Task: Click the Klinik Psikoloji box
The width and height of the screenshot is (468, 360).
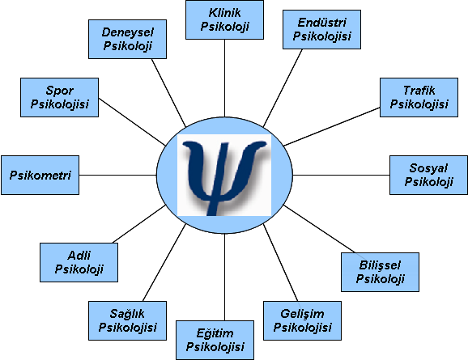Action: [x=224, y=19]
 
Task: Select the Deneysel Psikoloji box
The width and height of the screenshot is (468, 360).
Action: [x=127, y=40]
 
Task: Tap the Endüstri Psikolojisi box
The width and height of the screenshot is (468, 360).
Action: [x=321, y=29]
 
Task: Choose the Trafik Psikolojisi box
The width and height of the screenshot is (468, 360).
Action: [x=419, y=98]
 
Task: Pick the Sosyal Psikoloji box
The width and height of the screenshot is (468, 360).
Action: [x=428, y=175]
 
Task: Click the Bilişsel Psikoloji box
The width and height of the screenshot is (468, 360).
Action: [x=380, y=272]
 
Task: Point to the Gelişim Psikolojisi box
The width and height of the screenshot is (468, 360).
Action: [x=302, y=320]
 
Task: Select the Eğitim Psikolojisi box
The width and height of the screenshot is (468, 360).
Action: [x=215, y=340]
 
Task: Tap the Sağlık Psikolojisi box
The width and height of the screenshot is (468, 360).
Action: [x=127, y=320]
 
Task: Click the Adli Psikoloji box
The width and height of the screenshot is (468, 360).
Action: [x=79, y=262]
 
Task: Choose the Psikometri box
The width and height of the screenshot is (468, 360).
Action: [x=40, y=175]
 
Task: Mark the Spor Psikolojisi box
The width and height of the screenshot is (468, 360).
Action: [x=59, y=98]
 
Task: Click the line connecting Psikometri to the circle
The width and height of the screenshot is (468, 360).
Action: [x=118, y=175]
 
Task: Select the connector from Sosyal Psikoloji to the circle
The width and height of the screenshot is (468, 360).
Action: [x=341, y=175]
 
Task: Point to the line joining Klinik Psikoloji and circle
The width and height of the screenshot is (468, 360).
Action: [x=224, y=78]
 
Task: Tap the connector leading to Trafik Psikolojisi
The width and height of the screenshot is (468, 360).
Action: [x=332, y=127]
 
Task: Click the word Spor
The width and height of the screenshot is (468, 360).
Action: [x=59, y=91]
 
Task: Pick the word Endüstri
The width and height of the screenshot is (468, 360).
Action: [x=322, y=23]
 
